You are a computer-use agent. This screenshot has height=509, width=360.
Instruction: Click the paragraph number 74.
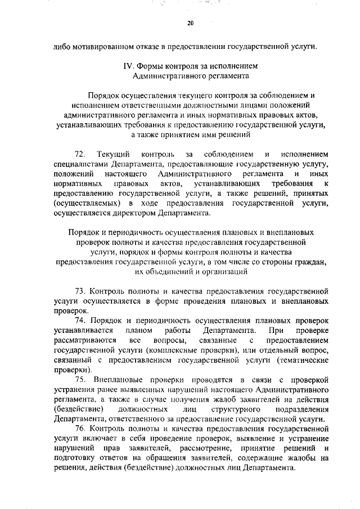(80, 321)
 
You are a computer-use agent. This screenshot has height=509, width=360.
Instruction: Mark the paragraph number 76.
(80, 429)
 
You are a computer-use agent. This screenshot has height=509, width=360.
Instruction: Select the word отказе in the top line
(155, 46)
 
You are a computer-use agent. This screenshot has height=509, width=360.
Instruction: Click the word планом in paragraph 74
(138, 331)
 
